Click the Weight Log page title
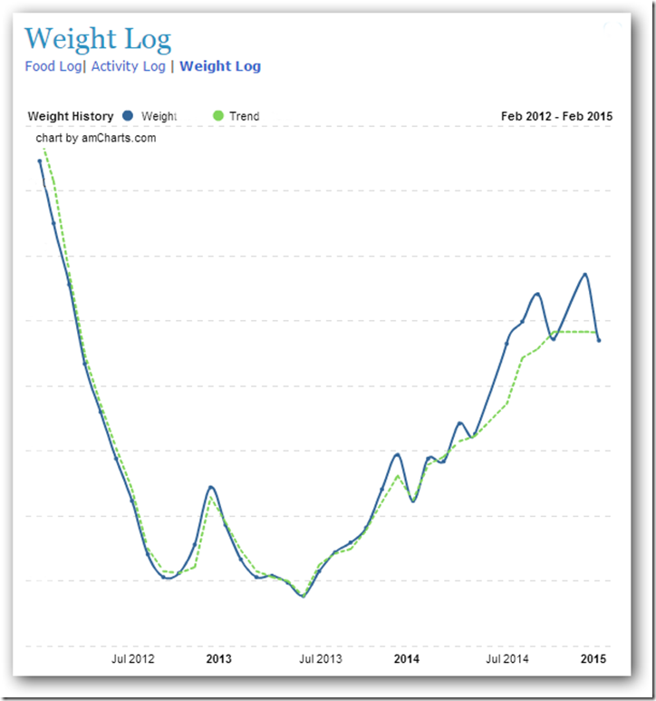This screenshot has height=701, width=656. [98, 39]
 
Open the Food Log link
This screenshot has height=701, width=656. [53, 66]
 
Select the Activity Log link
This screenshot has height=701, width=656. [128, 66]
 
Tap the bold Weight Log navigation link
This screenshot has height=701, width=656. [220, 66]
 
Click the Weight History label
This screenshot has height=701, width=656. [71, 116]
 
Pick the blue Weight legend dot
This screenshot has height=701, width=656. [128, 116]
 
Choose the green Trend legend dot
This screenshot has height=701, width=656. [217, 116]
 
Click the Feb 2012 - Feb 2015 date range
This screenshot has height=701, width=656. [556, 116]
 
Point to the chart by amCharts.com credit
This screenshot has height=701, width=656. [96, 138]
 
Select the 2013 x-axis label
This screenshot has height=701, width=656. [219, 659]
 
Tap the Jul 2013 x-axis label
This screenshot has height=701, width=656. [322, 659]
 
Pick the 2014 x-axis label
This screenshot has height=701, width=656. [407, 659]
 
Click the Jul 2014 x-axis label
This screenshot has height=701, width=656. [507, 659]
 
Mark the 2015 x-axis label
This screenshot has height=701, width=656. [593, 659]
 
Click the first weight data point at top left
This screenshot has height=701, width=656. [40, 161]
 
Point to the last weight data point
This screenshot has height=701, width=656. [599, 340]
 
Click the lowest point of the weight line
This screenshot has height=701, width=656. [304, 596]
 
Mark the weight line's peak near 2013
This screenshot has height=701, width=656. [210, 487]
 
